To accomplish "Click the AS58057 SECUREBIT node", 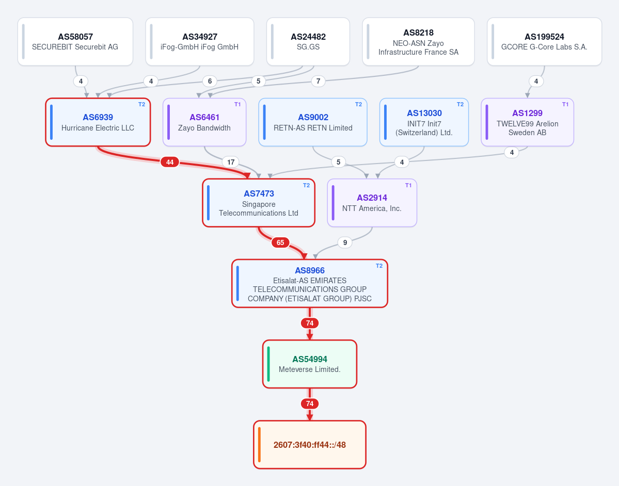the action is (75, 41).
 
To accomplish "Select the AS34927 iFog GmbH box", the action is (200, 41).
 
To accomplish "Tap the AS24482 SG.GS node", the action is (308, 41).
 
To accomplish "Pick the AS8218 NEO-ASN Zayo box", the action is (419, 41).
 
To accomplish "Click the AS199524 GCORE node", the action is (544, 41).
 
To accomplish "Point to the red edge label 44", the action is (170, 162).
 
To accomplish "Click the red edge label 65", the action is (280, 242).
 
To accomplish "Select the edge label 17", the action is (231, 162).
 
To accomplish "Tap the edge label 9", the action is (345, 242).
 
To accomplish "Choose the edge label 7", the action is (318, 82).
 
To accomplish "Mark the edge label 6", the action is (210, 82).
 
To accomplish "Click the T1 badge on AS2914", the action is (408, 185).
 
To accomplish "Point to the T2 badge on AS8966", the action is (379, 266).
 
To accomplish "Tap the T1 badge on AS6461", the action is (237, 105).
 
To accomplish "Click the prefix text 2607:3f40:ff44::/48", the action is (310, 445).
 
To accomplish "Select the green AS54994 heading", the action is (310, 359).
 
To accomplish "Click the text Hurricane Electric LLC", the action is (98, 128).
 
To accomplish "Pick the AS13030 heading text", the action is (424, 113).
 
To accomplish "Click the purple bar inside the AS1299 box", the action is (487, 122).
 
